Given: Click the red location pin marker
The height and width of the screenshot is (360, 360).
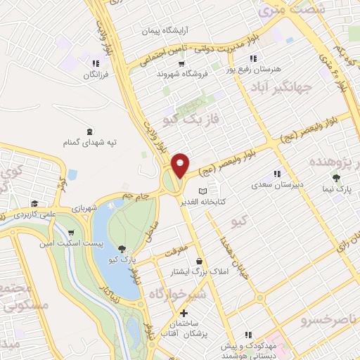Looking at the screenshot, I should (x=180, y=165).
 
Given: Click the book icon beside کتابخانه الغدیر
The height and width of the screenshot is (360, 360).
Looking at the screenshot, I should (x=203, y=191).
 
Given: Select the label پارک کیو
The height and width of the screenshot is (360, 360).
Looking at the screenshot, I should (x=122, y=259).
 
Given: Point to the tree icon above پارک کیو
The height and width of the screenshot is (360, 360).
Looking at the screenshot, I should (x=122, y=248).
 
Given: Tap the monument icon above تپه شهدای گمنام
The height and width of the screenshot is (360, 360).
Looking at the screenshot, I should (x=89, y=130).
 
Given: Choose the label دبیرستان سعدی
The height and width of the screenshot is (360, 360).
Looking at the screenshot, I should (x=278, y=186).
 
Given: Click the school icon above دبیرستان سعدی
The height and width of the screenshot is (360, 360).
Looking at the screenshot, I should (x=278, y=174).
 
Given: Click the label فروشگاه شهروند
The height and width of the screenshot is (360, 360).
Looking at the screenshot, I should (x=160, y=74).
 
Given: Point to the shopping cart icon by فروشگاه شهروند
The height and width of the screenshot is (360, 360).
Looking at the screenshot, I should (x=181, y=63).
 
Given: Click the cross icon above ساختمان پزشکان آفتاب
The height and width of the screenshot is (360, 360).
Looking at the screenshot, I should (x=184, y=314).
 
